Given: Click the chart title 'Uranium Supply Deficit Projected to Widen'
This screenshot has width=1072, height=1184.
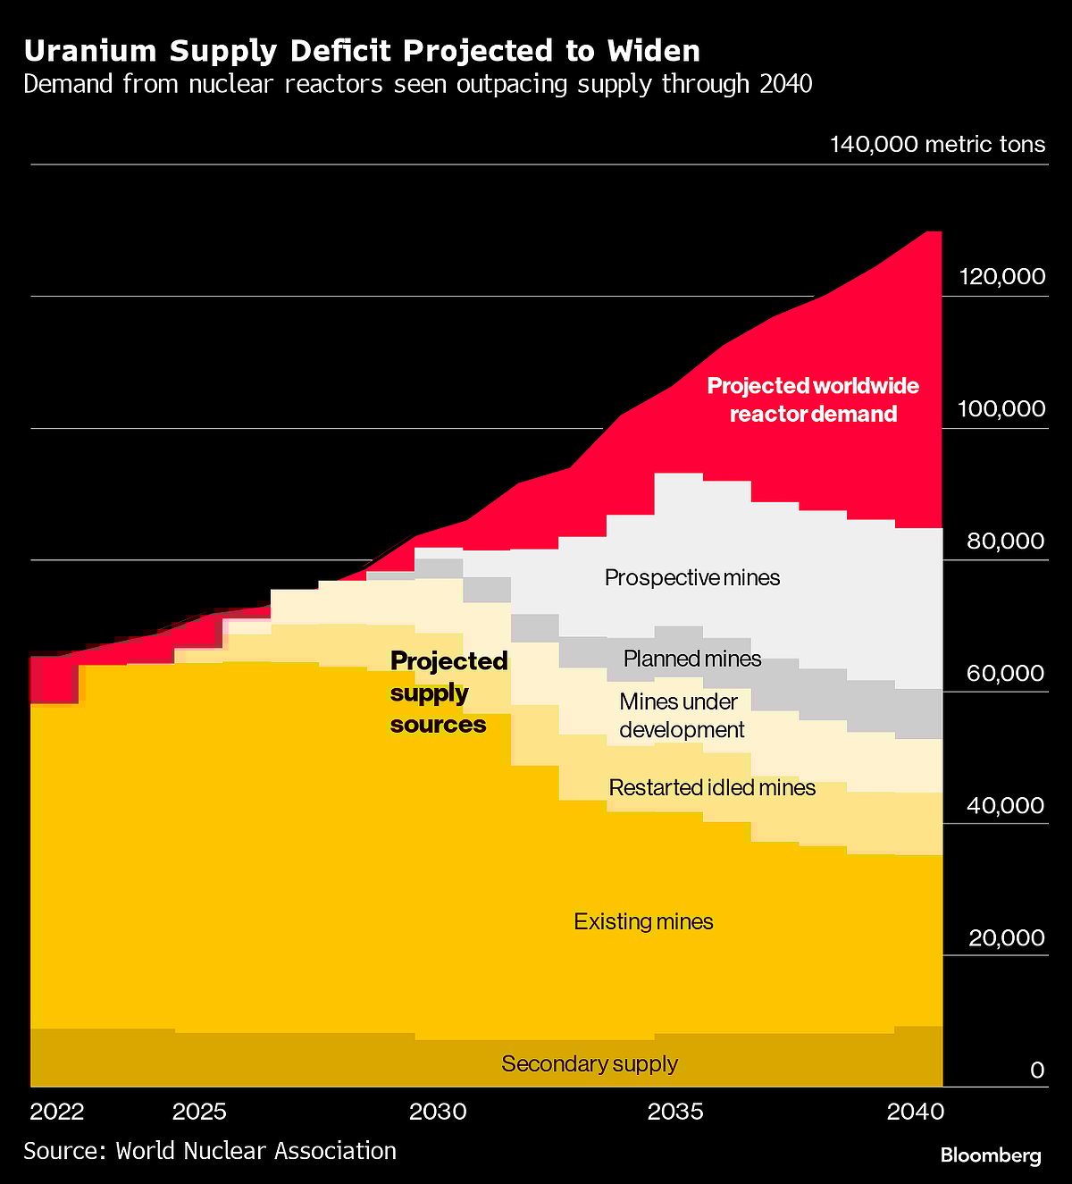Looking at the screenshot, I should pyautogui.click(x=362, y=50).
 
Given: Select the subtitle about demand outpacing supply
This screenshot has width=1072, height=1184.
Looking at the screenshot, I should pyautogui.click(x=417, y=84).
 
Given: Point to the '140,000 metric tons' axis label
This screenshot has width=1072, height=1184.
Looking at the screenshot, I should pyautogui.click(x=937, y=145).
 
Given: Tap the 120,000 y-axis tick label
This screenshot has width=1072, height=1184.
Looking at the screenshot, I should pyautogui.click(x=1001, y=276).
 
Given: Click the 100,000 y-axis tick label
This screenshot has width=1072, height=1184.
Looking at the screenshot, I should pyautogui.click(x=1001, y=408).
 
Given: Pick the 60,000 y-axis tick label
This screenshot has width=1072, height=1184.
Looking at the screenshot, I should pyautogui.click(x=1005, y=673).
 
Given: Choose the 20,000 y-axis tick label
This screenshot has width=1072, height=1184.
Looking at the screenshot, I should pyautogui.click(x=1005, y=937).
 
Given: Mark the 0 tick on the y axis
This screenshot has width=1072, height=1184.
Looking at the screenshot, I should pyautogui.click(x=1036, y=1070).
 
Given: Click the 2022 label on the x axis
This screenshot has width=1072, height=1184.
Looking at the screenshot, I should pyautogui.click(x=57, y=1112).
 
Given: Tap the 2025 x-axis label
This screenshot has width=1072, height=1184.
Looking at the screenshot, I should pyautogui.click(x=199, y=1112).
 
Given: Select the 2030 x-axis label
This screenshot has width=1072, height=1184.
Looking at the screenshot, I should pyautogui.click(x=438, y=1112).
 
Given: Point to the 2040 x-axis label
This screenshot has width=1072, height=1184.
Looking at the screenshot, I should pyautogui.click(x=915, y=1112).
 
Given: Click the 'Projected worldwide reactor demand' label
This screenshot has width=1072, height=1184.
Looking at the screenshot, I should pyautogui.click(x=813, y=399).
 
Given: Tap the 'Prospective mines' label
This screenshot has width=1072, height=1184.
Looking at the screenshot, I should pyautogui.click(x=692, y=577).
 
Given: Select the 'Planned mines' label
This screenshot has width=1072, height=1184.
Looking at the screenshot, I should pyautogui.click(x=692, y=659).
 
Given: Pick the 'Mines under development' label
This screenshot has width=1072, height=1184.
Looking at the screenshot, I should pyautogui.click(x=682, y=716).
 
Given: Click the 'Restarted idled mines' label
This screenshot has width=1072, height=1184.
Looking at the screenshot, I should pyautogui.click(x=712, y=787).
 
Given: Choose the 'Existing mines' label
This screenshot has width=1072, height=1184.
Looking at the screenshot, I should pyautogui.click(x=643, y=921).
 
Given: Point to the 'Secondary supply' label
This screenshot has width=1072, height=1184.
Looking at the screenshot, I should pyautogui.click(x=590, y=1063).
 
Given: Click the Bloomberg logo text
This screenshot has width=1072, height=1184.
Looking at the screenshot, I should pyautogui.click(x=991, y=1155).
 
